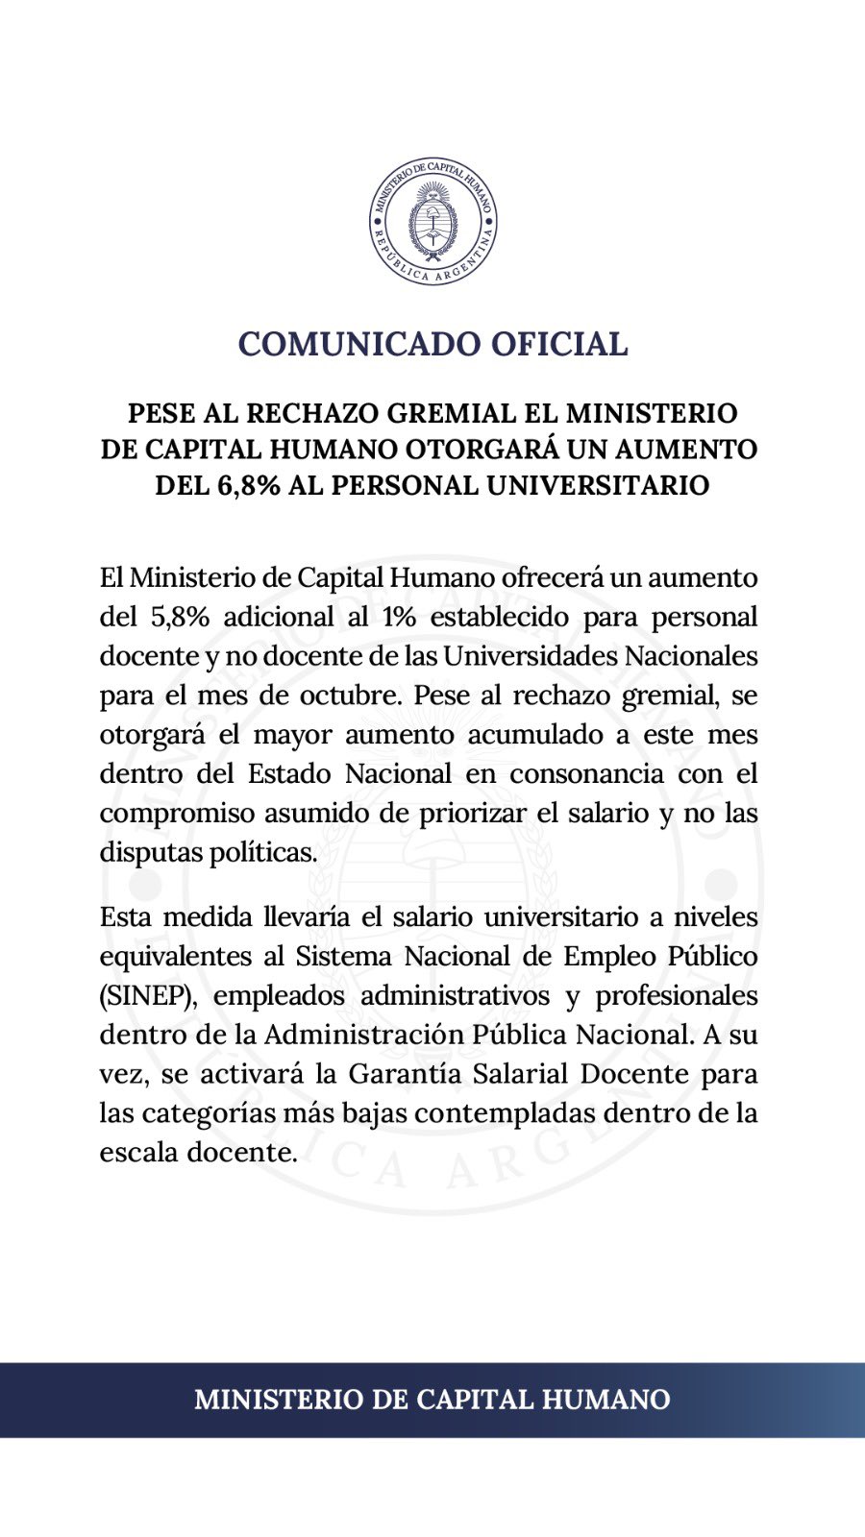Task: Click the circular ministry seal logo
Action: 432,222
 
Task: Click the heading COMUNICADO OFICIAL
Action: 432,343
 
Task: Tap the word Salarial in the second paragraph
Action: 522,1074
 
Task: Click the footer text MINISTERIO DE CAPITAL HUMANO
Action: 432,1399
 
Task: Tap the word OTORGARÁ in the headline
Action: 485,450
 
